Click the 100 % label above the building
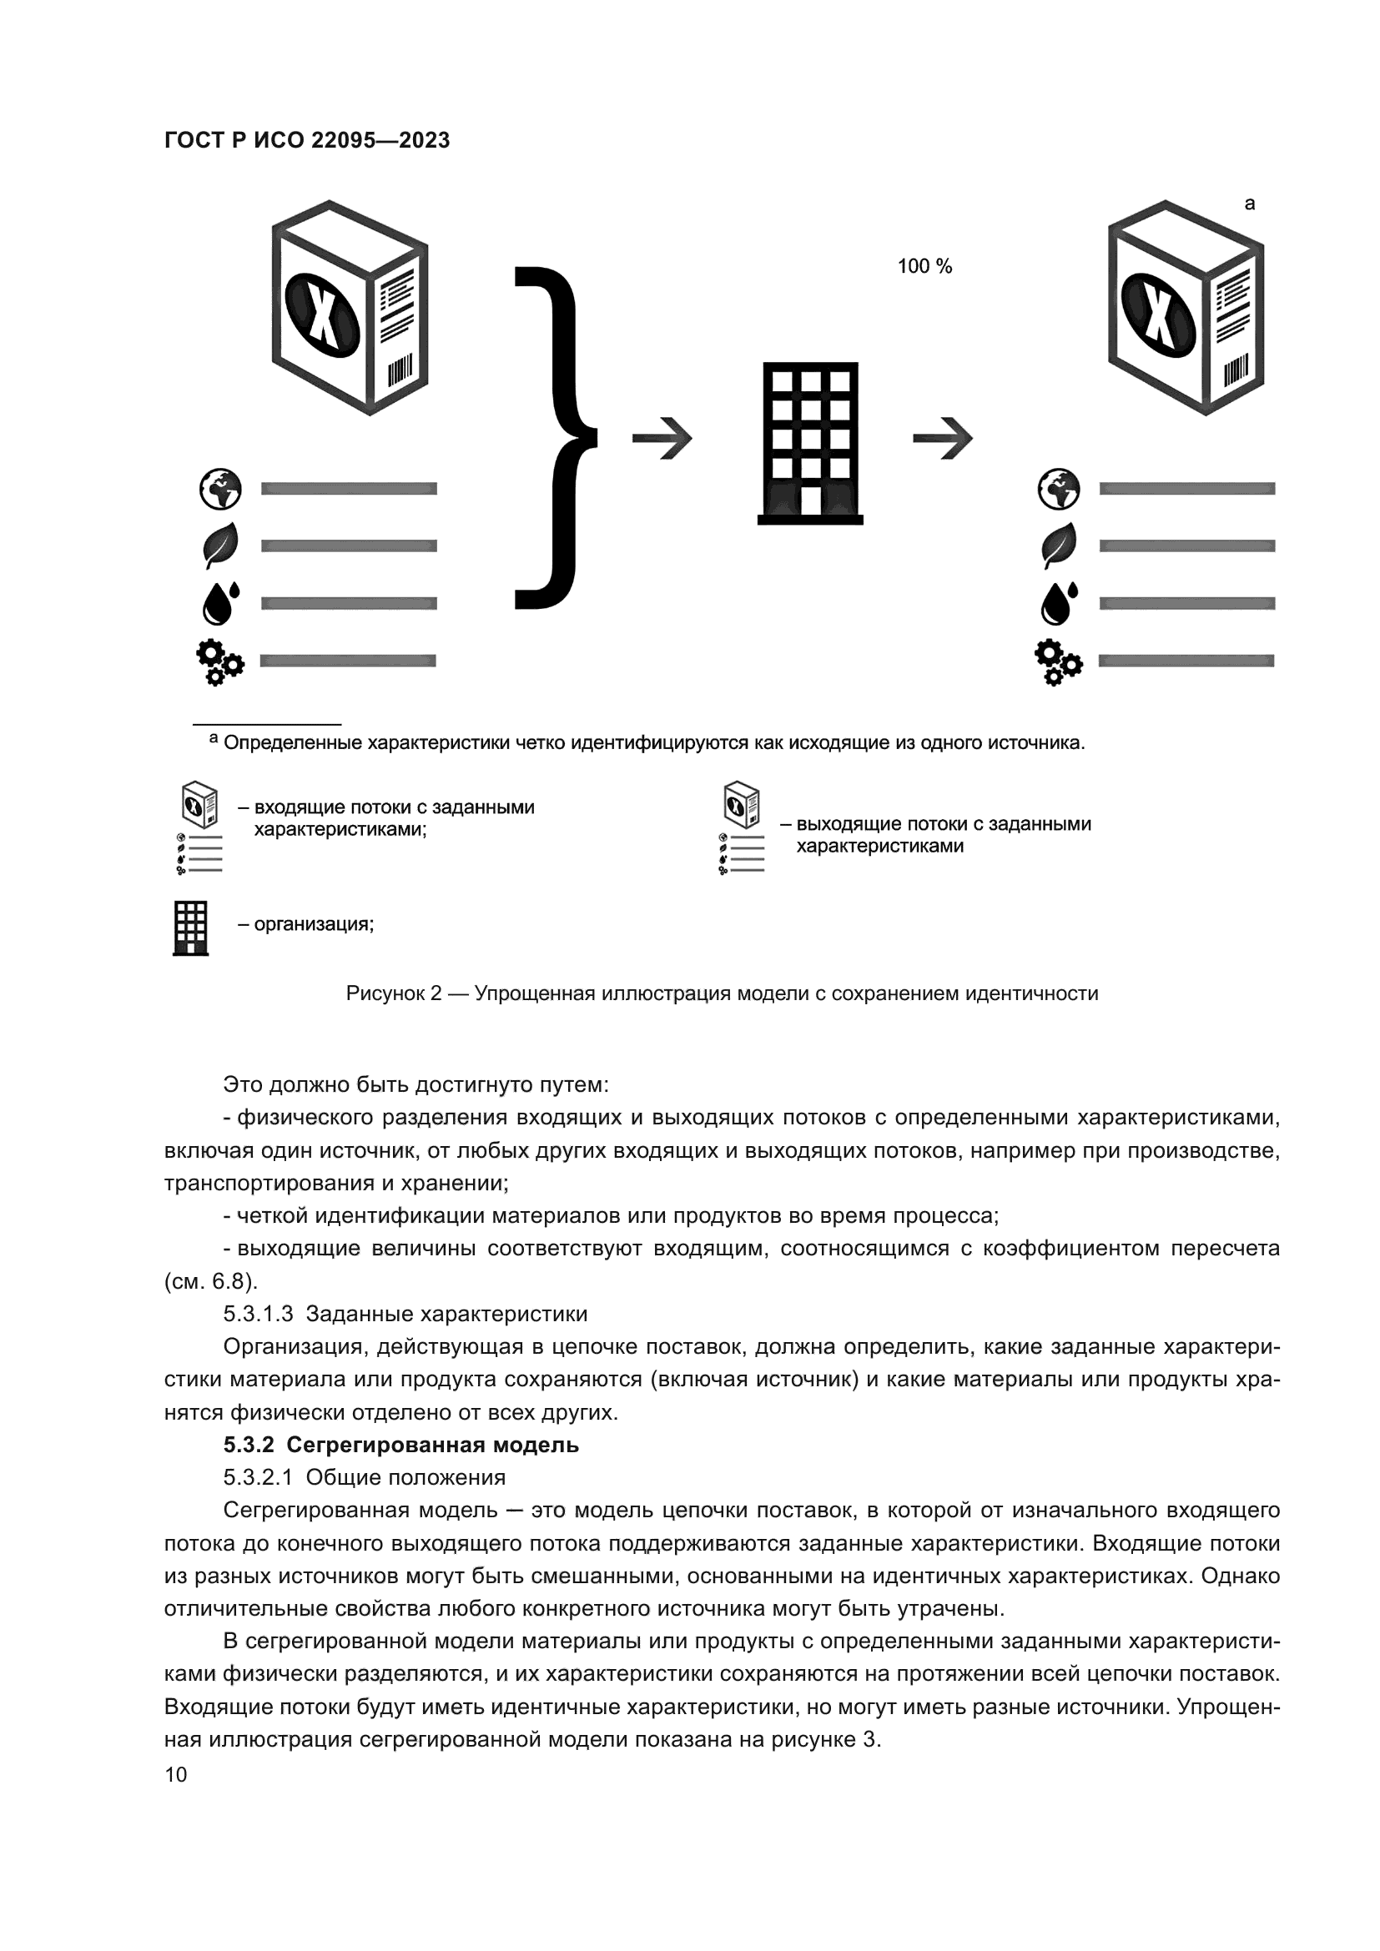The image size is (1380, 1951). (924, 266)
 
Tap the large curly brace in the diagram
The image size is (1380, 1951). (553, 438)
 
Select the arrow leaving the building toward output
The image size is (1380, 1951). (942, 439)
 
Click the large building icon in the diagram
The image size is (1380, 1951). (810, 442)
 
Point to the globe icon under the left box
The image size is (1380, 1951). (220, 489)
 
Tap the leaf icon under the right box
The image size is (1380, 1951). (1059, 546)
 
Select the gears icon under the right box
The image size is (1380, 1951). (1058, 661)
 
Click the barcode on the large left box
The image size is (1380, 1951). (400, 371)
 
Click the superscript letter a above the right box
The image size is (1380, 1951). (1249, 204)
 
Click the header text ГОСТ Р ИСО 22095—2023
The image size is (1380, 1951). (307, 140)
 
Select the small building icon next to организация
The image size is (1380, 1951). (190, 928)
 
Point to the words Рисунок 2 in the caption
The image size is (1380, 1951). (394, 993)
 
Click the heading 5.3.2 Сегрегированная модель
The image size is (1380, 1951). (401, 1445)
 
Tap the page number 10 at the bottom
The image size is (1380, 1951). (176, 1774)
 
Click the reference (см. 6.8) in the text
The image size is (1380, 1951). (211, 1281)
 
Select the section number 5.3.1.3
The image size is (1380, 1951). (259, 1314)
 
